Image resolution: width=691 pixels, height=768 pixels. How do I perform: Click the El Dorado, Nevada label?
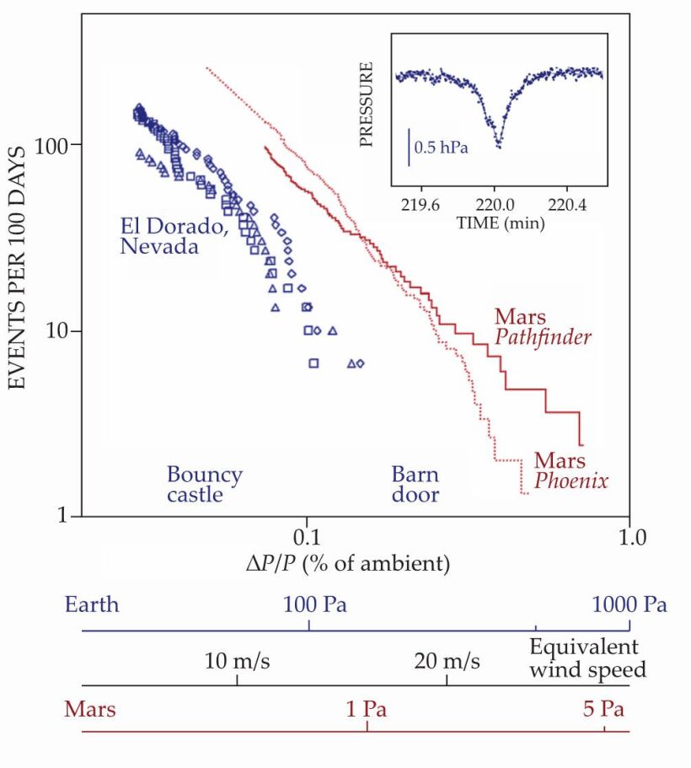(x=159, y=236)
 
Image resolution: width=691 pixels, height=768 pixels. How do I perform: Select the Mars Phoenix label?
(x=570, y=471)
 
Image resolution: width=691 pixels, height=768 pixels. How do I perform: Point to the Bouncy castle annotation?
(x=204, y=485)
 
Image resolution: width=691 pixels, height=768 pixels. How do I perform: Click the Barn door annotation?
(x=415, y=485)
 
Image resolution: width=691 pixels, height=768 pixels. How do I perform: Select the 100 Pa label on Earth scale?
(x=314, y=604)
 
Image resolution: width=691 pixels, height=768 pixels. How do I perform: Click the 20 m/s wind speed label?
(x=447, y=660)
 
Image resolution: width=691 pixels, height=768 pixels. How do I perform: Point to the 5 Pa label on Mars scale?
(x=603, y=709)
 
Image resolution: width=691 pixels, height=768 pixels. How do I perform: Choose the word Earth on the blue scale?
(x=92, y=604)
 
